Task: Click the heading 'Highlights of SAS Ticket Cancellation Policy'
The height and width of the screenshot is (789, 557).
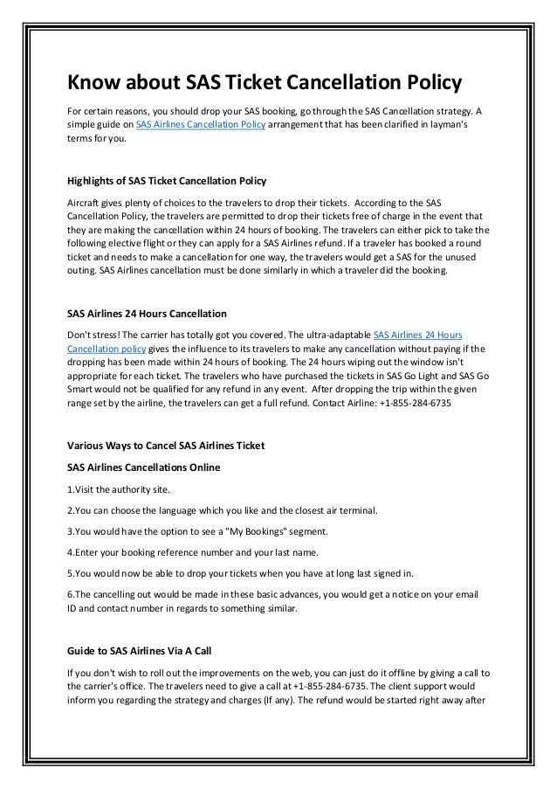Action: coord(167,182)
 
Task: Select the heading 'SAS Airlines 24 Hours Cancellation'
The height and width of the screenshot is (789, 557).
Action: coord(147,313)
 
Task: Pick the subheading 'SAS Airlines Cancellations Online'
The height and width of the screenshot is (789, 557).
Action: coord(143,467)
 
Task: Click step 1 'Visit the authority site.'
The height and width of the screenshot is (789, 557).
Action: coord(115,489)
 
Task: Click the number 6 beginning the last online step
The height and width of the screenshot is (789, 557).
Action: coord(70,595)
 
